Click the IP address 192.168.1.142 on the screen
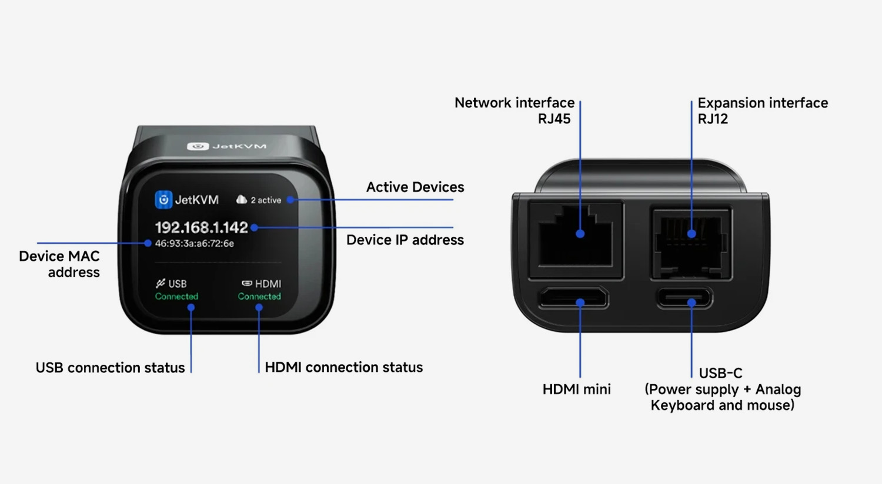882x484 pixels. pyautogui.click(x=201, y=227)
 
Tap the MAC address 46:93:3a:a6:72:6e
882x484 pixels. pyautogui.click(x=195, y=243)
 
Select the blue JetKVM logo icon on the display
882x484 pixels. pyautogui.click(x=163, y=200)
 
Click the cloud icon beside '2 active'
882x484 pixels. pyautogui.click(x=241, y=199)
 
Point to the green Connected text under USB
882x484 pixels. pyautogui.click(x=176, y=296)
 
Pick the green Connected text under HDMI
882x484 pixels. pyautogui.click(x=259, y=296)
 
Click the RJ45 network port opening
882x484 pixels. pyautogui.click(x=575, y=240)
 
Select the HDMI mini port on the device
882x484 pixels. pyautogui.click(x=573, y=297)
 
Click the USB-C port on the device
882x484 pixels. pyautogui.click(x=684, y=298)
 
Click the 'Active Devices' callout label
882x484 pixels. pyautogui.click(x=415, y=187)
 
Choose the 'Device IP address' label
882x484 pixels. pyautogui.click(x=405, y=240)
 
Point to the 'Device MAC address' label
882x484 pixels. pyautogui.click(x=59, y=264)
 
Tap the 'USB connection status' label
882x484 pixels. pyautogui.click(x=111, y=368)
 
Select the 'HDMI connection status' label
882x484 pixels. pyautogui.click(x=344, y=367)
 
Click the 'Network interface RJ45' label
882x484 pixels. pyautogui.click(x=514, y=110)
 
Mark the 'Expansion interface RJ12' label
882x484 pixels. pyautogui.click(x=763, y=110)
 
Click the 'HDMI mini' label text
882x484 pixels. pyautogui.click(x=577, y=389)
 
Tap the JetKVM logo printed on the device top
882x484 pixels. pyautogui.click(x=226, y=146)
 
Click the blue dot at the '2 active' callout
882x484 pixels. pyautogui.click(x=290, y=200)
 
